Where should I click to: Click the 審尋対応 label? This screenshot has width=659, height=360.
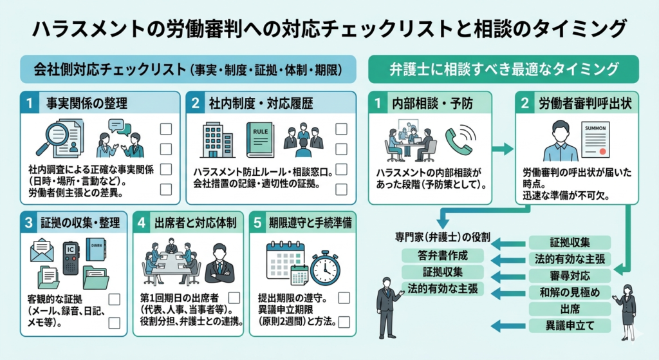pos(569,276)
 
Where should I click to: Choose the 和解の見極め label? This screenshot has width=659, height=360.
pos(569,292)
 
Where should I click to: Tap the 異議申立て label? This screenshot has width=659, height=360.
pos(569,325)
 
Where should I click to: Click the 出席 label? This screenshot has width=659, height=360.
pos(569,309)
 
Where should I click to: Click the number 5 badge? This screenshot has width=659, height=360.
pos(258,223)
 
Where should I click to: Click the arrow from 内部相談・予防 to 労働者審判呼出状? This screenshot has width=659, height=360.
pos(503,149)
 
